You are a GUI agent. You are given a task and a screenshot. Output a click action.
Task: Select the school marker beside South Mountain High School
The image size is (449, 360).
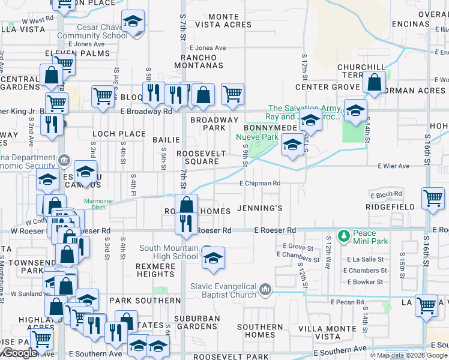click(x=213, y=259)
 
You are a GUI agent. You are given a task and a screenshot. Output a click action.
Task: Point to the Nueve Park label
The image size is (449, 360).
click(x=258, y=137)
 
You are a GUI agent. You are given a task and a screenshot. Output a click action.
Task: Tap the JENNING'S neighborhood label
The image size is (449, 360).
click(x=259, y=208)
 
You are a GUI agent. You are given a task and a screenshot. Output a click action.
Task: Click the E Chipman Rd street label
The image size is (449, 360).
click(x=260, y=184)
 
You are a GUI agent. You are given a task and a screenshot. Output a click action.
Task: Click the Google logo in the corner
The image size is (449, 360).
click(x=19, y=353)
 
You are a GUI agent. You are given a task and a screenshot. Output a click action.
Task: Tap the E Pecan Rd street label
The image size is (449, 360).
click(x=346, y=303)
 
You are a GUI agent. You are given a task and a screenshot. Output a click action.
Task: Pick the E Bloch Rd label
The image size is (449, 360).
click(x=385, y=195)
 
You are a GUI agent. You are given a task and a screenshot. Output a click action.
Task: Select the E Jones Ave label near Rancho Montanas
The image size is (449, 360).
click(x=208, y=48)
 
